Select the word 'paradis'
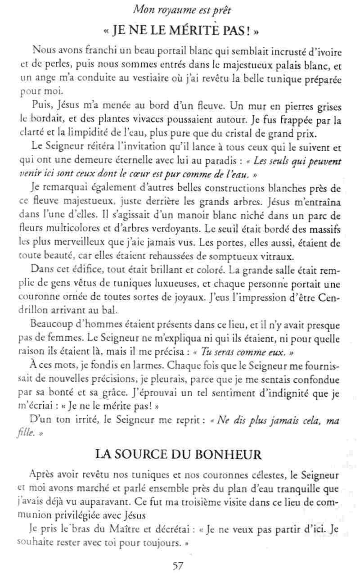207,161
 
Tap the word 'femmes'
57,336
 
